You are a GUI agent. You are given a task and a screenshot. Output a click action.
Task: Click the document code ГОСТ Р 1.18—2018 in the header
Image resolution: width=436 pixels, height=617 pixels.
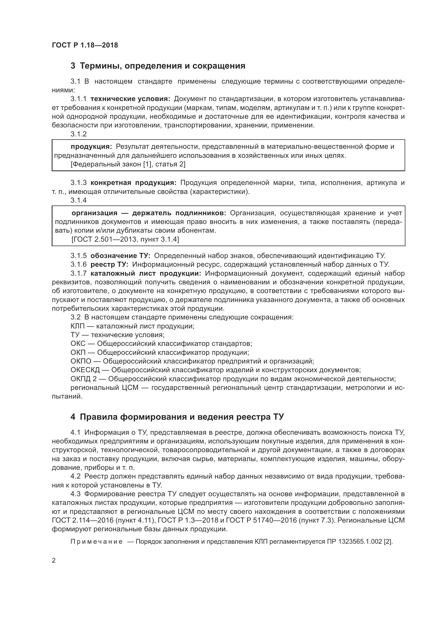click(85, 45)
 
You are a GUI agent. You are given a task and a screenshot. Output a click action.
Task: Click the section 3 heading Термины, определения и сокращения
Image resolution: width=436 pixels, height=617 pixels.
click(158, 66)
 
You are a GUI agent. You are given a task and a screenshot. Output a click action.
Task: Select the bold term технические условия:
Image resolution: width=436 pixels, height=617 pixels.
click(130, 99)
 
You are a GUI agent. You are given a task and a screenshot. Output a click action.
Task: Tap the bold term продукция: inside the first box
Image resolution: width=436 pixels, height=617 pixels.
click(91, 146)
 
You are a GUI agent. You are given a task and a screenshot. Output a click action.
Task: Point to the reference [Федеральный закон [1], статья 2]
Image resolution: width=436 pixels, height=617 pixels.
click(128, 164)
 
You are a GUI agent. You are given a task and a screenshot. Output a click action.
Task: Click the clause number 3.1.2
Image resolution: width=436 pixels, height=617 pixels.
click(79, 134)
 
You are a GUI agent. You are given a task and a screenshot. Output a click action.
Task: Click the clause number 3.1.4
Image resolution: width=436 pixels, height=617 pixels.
click(79, 200)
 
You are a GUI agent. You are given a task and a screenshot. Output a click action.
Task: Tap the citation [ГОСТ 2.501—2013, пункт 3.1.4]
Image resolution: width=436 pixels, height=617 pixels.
click(125, 239)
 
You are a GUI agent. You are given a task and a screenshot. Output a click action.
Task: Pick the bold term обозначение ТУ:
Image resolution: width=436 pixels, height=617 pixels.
click(121, 256)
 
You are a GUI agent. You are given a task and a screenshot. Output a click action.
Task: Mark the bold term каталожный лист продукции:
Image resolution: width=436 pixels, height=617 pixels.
click(146, 274)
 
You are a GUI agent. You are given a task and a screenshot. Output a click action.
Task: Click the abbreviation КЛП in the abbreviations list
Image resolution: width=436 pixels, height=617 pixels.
click(78, 326)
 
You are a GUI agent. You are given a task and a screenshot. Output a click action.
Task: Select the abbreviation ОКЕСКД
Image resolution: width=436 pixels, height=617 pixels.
click(85, 370)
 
